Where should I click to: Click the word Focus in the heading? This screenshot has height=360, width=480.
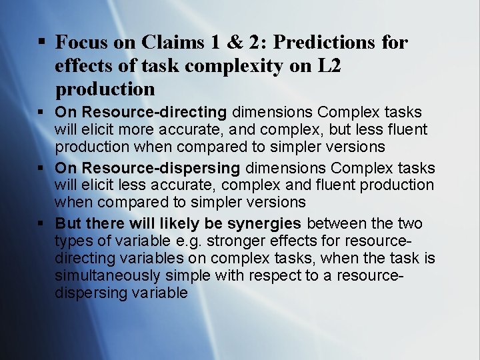[x=81, y=43]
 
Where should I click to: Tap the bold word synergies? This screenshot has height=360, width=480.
[x=265, y=223]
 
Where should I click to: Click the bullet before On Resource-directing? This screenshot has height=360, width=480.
[x=41, y=113]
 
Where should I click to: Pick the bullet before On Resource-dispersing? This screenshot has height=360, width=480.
[x=41, y=169]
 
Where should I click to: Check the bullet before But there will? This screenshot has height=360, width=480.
[x=41, y=223]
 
